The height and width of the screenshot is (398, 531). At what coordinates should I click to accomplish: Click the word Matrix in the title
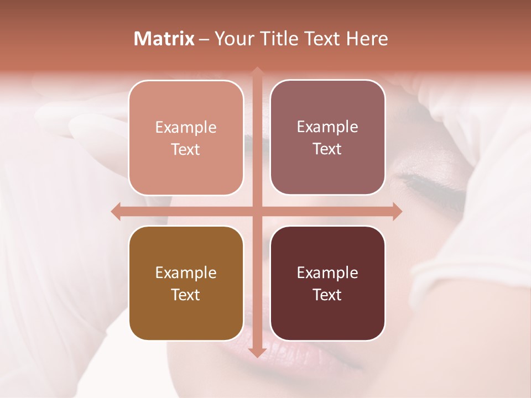coord(164,39)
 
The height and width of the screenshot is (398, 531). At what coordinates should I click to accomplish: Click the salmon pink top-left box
coord(186,138)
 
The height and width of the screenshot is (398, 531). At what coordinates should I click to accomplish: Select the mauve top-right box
coord(327,137)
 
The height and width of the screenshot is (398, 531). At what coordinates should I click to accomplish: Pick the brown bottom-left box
coord(186,283)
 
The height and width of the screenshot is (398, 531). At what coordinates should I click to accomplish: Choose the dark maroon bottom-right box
coord(327,283)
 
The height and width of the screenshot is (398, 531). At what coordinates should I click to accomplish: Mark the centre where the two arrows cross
coord(257,212)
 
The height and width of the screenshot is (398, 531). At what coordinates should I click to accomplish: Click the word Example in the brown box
coord(186,273)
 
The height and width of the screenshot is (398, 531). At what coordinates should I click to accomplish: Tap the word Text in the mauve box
coord(327,149)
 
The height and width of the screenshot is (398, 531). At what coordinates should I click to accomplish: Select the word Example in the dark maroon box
coord(327,273)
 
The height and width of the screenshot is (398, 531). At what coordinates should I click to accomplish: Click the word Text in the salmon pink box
coord(186,149)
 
